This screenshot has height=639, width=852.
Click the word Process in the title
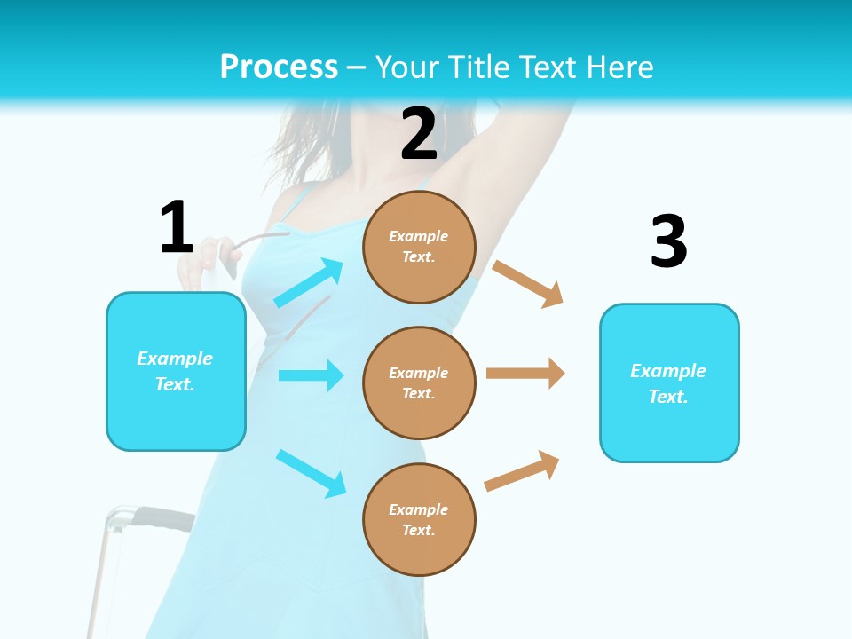279,67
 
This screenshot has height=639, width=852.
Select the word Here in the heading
620,67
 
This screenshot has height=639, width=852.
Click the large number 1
177,228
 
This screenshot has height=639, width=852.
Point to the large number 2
419,134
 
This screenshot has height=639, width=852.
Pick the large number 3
668,242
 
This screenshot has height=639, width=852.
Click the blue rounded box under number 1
176,371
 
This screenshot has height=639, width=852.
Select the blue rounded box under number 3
669,383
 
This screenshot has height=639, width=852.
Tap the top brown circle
419,247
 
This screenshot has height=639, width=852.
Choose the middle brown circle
419,383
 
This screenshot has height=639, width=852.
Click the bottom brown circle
419,519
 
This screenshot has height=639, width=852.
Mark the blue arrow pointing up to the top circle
309,283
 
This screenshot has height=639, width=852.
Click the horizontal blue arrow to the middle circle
311,375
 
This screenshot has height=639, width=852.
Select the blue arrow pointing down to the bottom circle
311,472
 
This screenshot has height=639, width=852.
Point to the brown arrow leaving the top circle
528,283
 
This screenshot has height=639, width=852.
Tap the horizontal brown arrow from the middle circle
525,373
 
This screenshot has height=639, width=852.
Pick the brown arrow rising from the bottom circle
522,470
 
